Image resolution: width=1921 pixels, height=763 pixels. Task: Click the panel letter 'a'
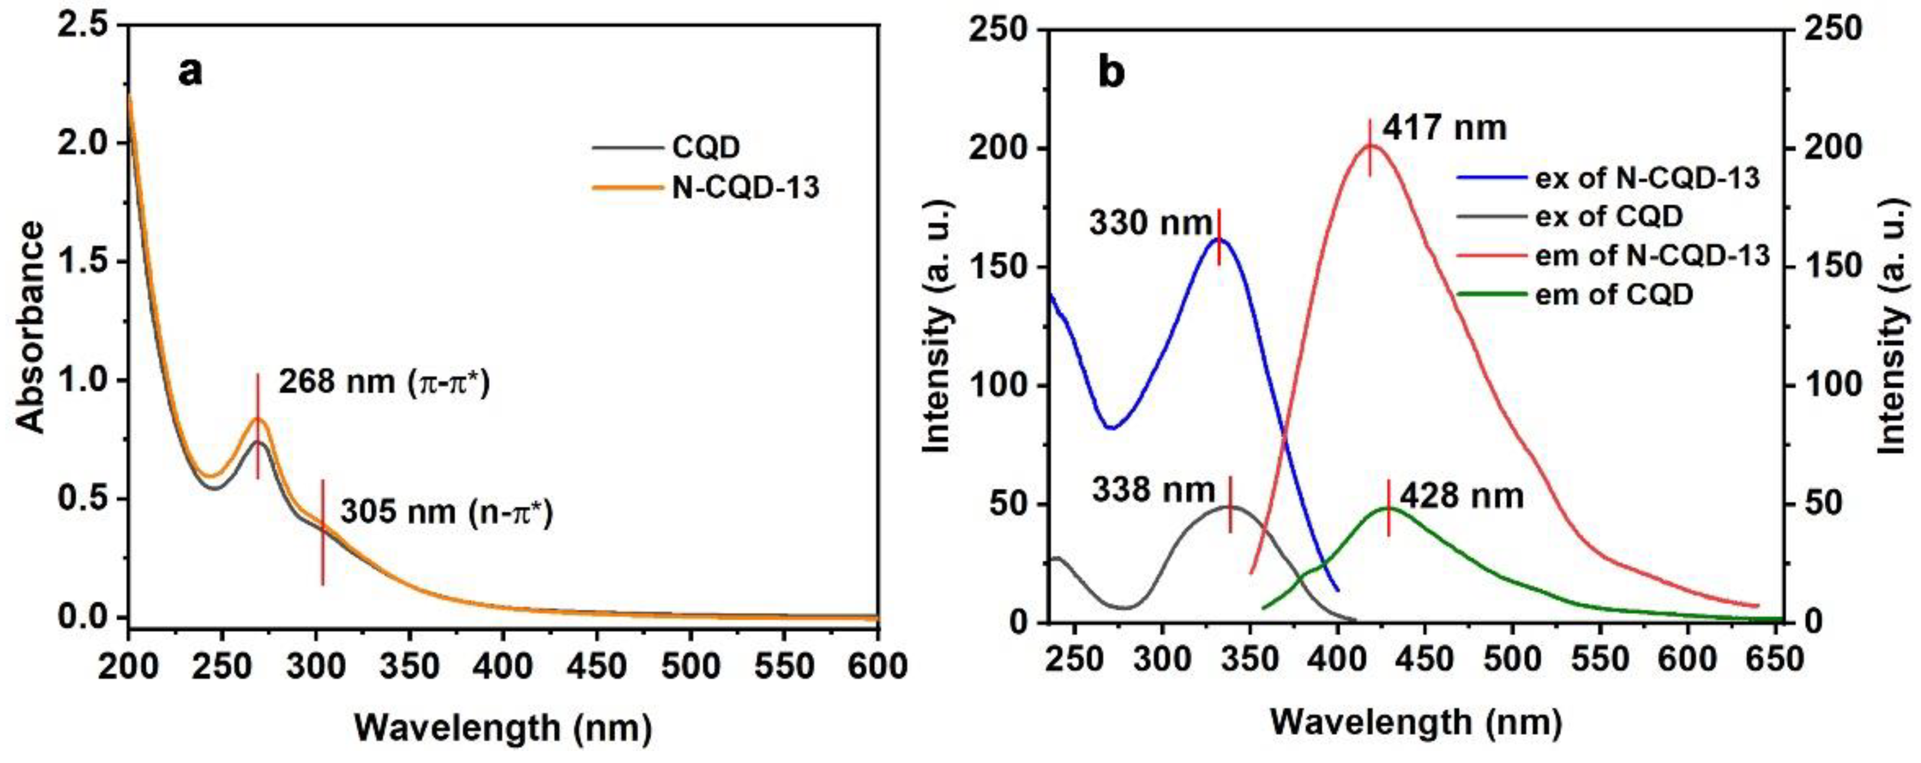click(190, 72)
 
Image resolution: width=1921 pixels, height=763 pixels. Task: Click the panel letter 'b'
click(1111, 72)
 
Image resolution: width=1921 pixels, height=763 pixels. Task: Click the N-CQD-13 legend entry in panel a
click(745, 187)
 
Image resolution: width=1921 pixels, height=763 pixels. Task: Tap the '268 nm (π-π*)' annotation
click(384, 383)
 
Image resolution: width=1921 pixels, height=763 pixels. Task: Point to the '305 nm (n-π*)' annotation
click(447, 513)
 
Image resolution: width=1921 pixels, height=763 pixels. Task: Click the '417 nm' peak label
click(1444, 128)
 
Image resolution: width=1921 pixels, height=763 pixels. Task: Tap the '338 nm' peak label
click(1153, 490)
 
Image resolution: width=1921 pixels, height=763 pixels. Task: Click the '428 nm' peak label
click(1462, 496)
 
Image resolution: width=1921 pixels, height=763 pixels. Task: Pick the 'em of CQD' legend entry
click(1614, 295)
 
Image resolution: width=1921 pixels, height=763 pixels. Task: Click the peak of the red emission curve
click(1371, 146)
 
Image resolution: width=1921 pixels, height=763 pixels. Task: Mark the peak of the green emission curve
click(1387, 508)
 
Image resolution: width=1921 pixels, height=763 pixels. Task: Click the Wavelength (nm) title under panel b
click(1415, 722)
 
